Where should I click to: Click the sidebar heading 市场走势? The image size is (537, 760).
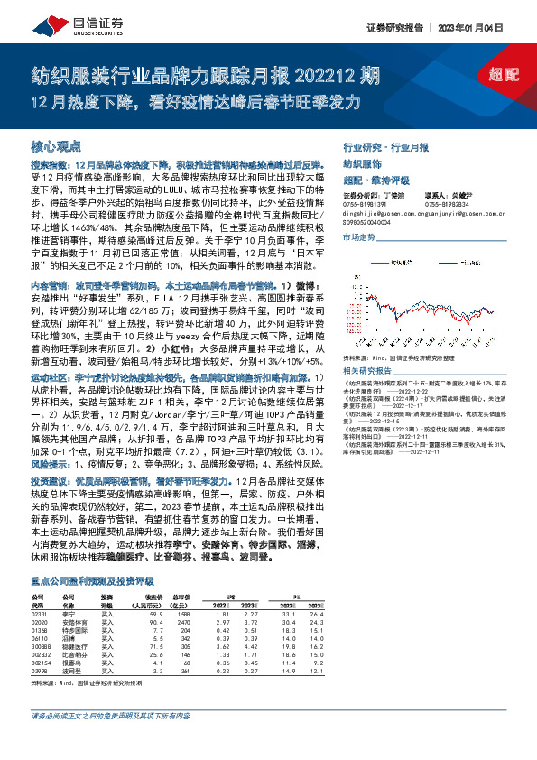[x=359, y=236]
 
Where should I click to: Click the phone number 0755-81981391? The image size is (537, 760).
[x=365, y=204]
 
